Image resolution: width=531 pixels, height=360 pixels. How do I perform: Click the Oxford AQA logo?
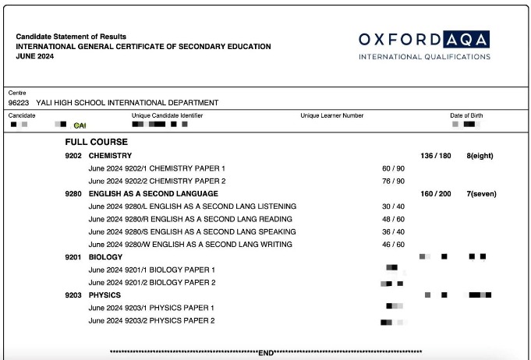click(x=424, y=40)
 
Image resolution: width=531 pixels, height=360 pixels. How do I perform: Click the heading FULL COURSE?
click(x=97, y=143)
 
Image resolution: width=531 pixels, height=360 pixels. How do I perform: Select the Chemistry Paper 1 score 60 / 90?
click(x=393, y=168)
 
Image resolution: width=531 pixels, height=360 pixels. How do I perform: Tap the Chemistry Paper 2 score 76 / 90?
click(x=393, y=181)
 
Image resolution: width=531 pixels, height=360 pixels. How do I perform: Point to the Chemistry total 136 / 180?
click(x=436, y=156)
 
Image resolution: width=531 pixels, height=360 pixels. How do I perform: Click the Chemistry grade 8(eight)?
click(x=480, y=156)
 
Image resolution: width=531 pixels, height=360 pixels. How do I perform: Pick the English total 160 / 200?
click(x=436, y=194)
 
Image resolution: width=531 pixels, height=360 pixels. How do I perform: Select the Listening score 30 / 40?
click(x=393, y=206)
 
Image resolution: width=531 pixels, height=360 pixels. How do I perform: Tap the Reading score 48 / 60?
click(x=393, y=219)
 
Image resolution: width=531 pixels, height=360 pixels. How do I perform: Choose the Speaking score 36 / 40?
click(x=393, y=231)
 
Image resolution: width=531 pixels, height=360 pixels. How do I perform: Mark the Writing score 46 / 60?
click(x=393, y=245)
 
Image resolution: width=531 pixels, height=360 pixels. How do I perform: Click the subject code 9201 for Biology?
click(x=73, y=257)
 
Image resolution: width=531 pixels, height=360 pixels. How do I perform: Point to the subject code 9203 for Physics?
click(x=73, y=295)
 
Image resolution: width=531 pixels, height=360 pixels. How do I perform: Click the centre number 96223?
click(x=19, y=103)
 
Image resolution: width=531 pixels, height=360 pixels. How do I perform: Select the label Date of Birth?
click(x=466, y=116)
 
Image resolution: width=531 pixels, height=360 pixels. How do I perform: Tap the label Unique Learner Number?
click(x=332, y=116)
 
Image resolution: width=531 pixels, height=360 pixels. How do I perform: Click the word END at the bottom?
click(x=266, y=353)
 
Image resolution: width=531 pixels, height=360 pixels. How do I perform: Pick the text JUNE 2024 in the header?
click(x=35, y=56)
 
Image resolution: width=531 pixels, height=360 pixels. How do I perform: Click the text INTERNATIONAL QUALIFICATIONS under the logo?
click(x=424, y=57)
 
